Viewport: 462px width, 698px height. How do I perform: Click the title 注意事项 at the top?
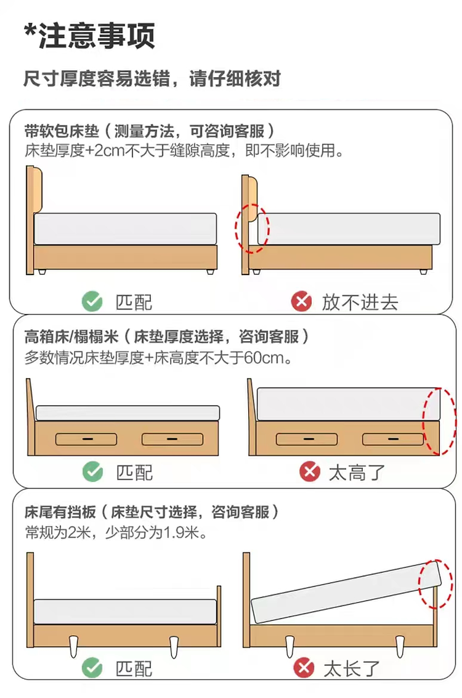coord(97,36)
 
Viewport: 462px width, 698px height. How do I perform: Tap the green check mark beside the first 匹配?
coord(92,302)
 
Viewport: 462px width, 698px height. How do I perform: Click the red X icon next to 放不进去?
coord(301,302)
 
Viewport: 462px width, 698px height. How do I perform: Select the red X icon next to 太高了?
coord(310,471)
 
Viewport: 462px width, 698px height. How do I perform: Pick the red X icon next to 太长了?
coord(304,668)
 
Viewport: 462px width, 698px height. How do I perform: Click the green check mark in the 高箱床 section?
coord(92,472)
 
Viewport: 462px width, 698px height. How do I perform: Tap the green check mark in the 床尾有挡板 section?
coord(92,668)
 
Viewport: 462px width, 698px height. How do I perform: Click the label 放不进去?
coord(360,302)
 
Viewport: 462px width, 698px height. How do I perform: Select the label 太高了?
coord(357,472)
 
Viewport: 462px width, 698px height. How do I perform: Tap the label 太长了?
coord(351,668)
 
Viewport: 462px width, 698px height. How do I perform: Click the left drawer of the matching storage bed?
coord(86,440)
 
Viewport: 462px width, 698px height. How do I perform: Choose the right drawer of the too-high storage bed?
coord(393,440)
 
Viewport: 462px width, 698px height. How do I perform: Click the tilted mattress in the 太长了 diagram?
coord(346,592)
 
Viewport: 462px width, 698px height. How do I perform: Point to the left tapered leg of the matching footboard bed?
coord(74,646)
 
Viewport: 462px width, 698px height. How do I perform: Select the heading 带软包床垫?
coord(62,131)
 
